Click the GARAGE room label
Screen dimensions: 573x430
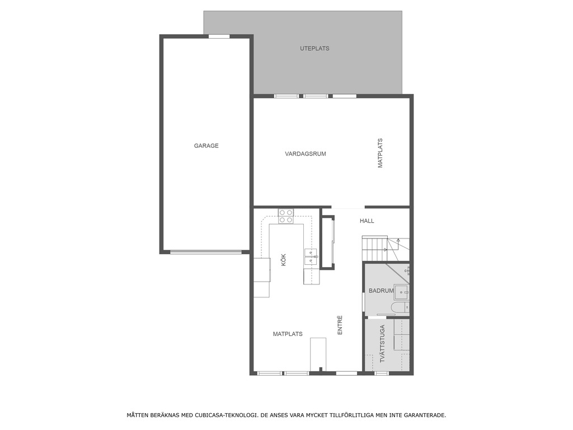pos(206,146)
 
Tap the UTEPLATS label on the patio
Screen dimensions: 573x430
pos(314,48)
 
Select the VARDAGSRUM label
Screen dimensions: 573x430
pos(306,154)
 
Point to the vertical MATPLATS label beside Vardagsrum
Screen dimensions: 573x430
pos(380,153)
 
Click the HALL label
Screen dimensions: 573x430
pos(367,221)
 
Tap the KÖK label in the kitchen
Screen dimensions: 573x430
pos(284,260)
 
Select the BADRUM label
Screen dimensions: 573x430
pos(381,291)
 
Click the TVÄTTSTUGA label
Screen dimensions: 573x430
pos(382,344)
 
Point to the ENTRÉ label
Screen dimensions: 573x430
pos(340,325)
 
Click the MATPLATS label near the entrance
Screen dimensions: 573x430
pos(288,334)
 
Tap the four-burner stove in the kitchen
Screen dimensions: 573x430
pos(286,216)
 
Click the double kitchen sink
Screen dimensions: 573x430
pos(311,256)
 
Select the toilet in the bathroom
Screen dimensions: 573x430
pos(402,308)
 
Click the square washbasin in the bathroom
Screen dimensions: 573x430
pos(402,292)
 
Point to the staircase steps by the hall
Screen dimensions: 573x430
pos(374,248)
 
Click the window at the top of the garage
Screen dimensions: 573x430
pos(219,36)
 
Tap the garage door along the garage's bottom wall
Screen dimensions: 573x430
pos(206,252)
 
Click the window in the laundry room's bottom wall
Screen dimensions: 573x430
pos(382,373)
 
